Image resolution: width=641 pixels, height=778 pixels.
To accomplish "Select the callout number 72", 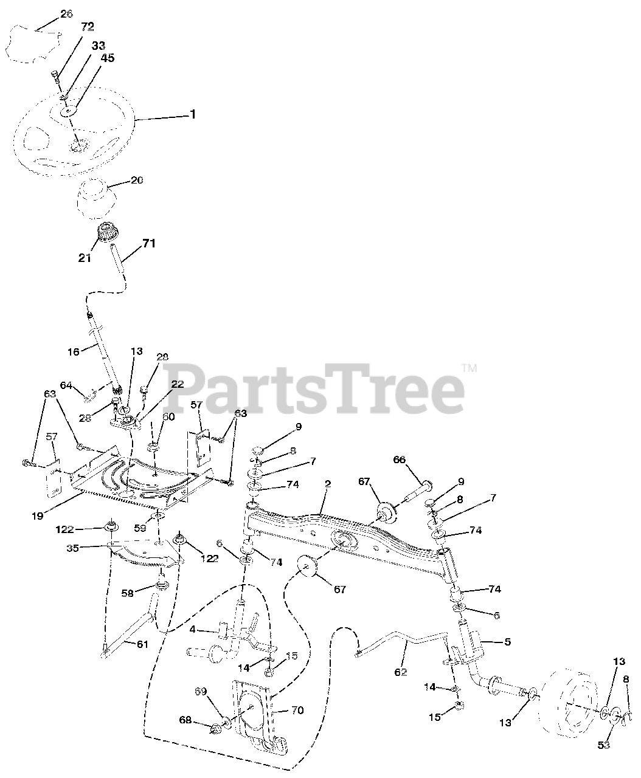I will pos(88,26).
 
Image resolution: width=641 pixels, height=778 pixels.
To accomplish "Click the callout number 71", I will pos(148,244).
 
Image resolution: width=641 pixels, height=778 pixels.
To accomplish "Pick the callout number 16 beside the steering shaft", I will pos(73,351).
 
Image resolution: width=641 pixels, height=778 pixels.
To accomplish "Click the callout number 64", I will pos(66,385).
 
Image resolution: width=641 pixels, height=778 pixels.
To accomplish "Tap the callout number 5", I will pos(508,641).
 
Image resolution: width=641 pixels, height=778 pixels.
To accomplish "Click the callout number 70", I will pos(297,710).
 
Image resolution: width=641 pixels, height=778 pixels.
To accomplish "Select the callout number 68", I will pos(185,720).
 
